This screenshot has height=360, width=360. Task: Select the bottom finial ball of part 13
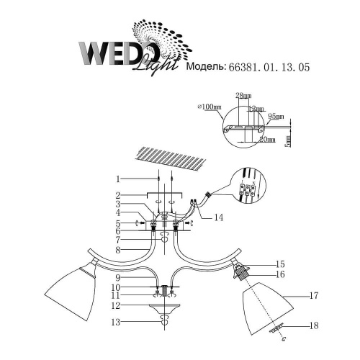163,323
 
